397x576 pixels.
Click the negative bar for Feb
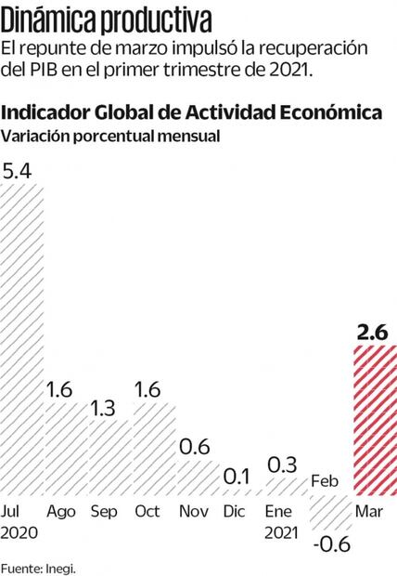tap(330, 508)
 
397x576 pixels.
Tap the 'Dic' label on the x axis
tap(237, 512)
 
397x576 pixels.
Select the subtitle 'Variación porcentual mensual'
tap(110, 135)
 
